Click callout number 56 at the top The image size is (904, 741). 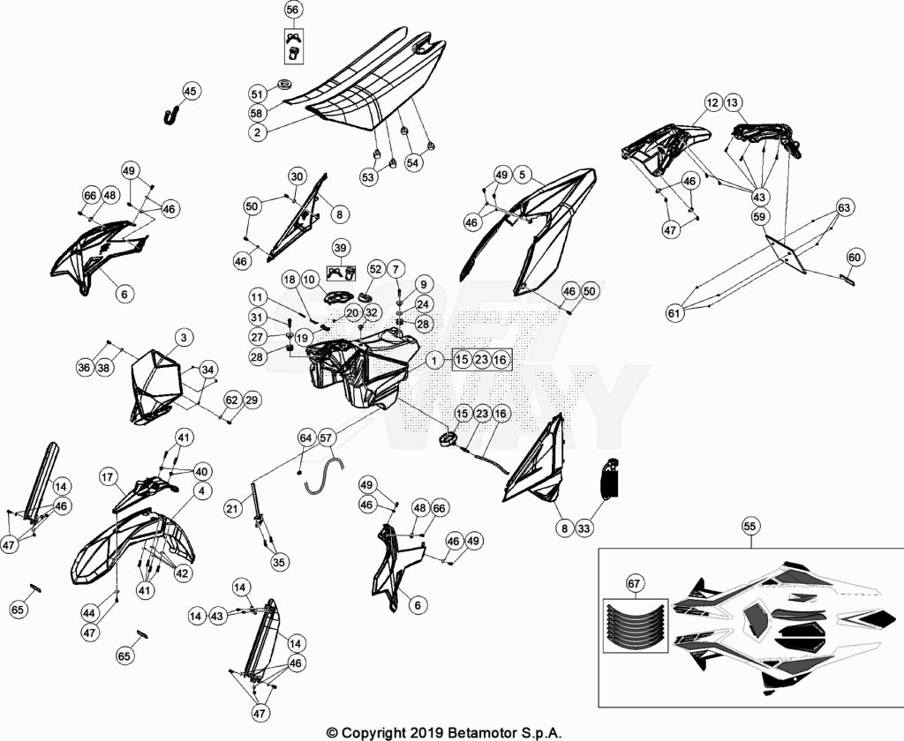[x=293, y=9]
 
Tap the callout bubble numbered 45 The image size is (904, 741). [x=191, y=91]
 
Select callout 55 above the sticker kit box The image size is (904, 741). [x=750, y=526]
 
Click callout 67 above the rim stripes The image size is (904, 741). [x=634, y=584]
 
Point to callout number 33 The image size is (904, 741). [x=584, y=528]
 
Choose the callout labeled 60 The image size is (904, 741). [x=855, y=257]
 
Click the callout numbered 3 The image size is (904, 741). [x=184, y=337]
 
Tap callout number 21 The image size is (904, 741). [x=232, y=508]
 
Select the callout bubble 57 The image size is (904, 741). [x=327, y=438]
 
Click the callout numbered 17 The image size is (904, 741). [x=108, y=477]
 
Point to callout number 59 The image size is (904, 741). [x=759, y=217]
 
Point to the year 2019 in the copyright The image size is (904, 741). [x=426, y=733]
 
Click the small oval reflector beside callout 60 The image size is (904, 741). [x=847, y=280]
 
